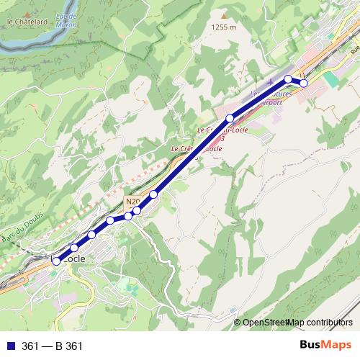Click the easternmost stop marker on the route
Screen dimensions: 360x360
[x=304, y=84]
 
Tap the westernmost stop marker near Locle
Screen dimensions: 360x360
[x=56, y=261]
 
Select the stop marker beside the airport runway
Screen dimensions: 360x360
[x=288, y=78]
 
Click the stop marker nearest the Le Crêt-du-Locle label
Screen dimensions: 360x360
[x=230, y=118]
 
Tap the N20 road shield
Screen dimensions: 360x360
[x=131, y=202]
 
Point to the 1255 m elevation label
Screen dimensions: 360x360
[x=224, y=27]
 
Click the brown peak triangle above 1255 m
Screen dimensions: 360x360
[x=224, y=15]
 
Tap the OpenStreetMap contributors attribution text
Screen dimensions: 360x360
[x=297, y=322]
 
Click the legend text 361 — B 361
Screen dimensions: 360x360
[x=53, y=346]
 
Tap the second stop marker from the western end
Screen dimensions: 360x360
[x=74, y=248]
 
